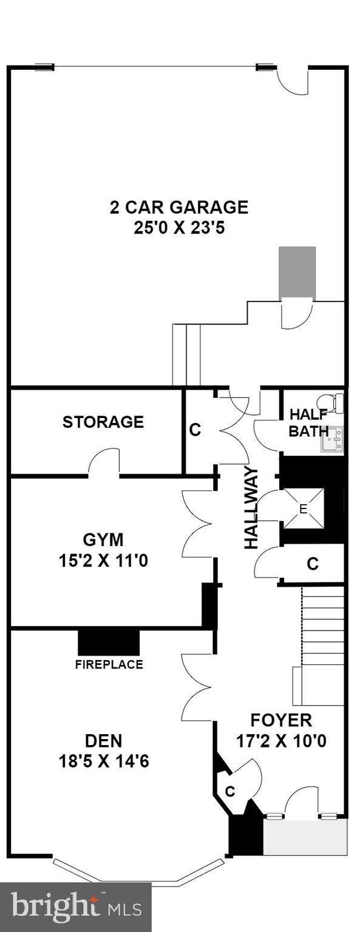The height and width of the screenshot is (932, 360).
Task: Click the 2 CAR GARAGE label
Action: pos(178,208)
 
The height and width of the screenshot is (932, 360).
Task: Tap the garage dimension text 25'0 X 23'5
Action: pos(178,228)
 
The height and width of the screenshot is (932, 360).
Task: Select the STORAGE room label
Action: pos(103,422)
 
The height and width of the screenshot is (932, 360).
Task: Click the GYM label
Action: pos(103,539)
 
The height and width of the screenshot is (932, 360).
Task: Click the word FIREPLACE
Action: pos(109,664)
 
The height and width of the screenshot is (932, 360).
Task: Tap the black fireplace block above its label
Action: pos(109,643)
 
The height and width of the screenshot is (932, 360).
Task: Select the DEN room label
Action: pos(103,740)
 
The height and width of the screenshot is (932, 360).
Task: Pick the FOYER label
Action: pos(281,720)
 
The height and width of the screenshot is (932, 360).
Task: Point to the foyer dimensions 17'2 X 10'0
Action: pos(281,741)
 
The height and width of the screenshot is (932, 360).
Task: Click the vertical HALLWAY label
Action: pos(251,508)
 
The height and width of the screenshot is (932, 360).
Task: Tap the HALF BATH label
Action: pos(308,423)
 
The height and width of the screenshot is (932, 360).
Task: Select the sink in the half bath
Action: pos(332,439)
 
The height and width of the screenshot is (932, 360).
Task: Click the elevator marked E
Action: pos(303,508)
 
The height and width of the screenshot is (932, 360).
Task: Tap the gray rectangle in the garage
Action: pos(297,272)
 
